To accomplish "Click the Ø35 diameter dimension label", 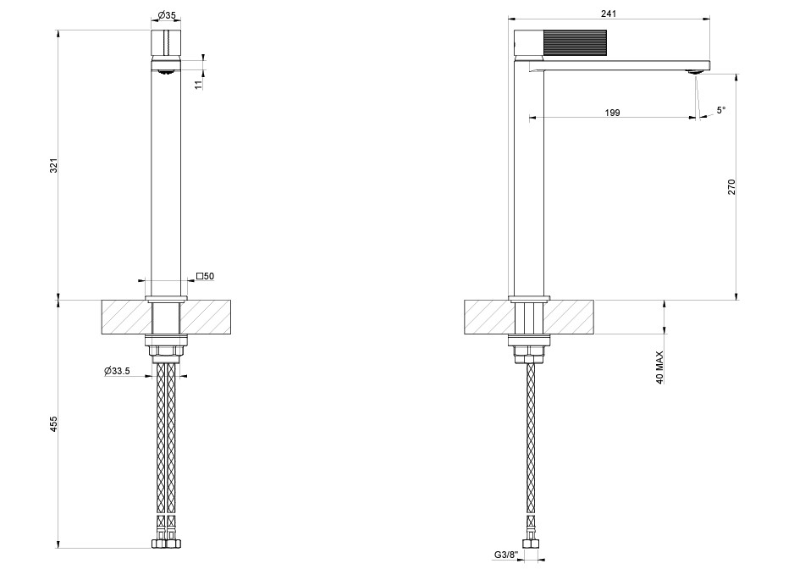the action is (x=167, y=15).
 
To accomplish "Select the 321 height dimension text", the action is (x=54, y=166).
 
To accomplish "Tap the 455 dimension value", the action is (x=54, y=423).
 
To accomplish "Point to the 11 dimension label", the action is (x=199, y=85).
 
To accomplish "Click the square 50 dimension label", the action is (x=205, y=276).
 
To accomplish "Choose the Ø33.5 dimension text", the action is (x=117, y=371).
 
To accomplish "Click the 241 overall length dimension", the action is (x=609, y=14).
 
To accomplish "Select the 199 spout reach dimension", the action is (x=613, y=113).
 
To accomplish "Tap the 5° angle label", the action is (x=721, y=109).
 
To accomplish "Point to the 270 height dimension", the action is (x=731, y=186).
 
